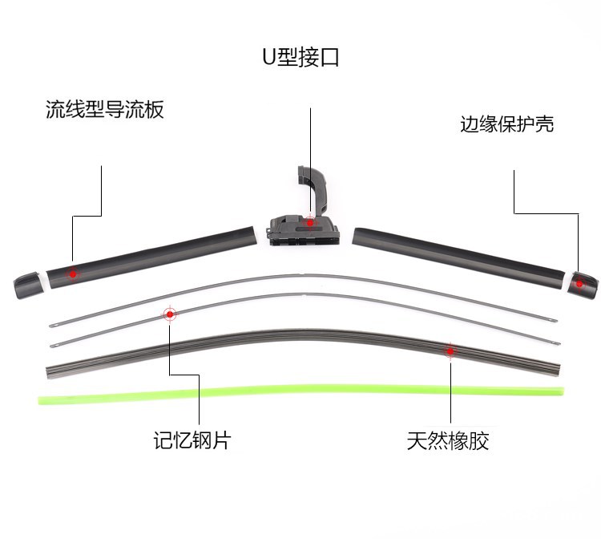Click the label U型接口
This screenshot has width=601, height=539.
(300, 58)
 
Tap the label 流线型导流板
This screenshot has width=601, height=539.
(105, 110)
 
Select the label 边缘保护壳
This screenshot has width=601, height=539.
(506, 124)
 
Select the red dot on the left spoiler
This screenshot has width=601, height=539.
(72, 274)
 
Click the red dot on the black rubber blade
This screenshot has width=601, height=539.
(450, 351)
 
